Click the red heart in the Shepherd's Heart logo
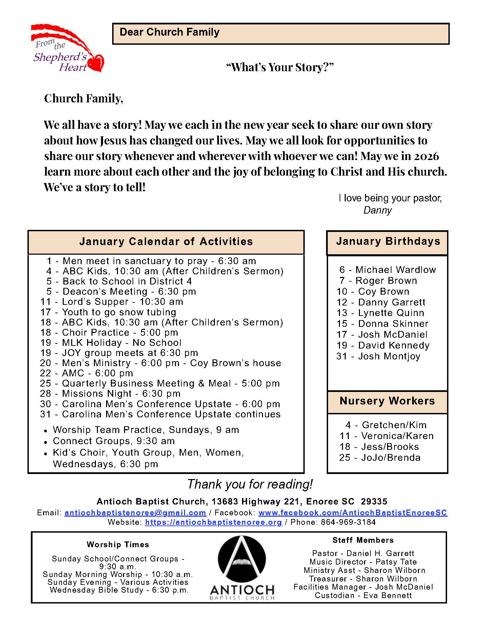pyautogui.click(x=96, y=63)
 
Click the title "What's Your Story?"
pyautogui.click(x=280, y=67)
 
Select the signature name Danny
pyautogui.click(x=377, y=210)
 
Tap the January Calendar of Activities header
pyautogui.click(x=166, y=242)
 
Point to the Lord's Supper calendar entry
pyautogui.click(x=112, y=302)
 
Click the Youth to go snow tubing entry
pyautogui.click(x=108, y=312)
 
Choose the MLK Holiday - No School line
pyautogui.click(x=111, y=342)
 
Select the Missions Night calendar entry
pyautogui.click(x=110, y=394)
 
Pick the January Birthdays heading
pyautogui.click(x=388, y=241)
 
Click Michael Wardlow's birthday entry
pyautogui.click(x=387, y=270)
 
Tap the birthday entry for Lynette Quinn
pyautogui.click(x=380, y=313)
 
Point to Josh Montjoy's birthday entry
pyautogui.click(x=378, y=356)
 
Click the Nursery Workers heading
pyautogui.click(x=387, y=401)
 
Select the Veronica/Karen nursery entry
pyautogui.click(x=386, y=436)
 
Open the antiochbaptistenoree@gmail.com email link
pyautogui.click(x=135, y=513)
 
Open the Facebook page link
pyautogui.click(x=352, y=513)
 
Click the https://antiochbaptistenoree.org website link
pyautogui.click(x=213, y=522)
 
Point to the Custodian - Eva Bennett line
pyautogui.click(x=363, y=595)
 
